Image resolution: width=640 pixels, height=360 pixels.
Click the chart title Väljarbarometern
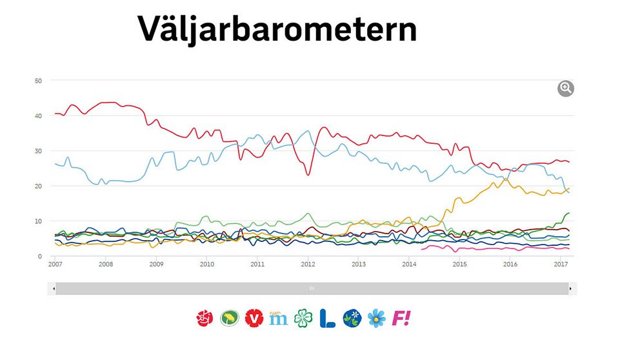click(277, 28)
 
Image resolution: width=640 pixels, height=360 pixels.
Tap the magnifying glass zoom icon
click(566, 88)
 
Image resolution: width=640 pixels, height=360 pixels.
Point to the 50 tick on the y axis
click(38, 81)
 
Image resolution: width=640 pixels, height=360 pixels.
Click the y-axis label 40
click(38, 116)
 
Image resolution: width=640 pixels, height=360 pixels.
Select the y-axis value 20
click(38, 186)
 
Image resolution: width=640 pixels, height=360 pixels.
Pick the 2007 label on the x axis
click(55, 265)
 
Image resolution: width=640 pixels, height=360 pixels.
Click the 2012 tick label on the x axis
click(308, 265)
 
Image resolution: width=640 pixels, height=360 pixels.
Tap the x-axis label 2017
click(560, 265)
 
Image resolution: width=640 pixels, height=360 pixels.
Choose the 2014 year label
click(408, 265)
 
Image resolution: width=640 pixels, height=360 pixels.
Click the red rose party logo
click(205, 317)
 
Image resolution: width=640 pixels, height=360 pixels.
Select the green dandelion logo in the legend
click(229, 317)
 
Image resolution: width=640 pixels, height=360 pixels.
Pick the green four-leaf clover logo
click(302, 317)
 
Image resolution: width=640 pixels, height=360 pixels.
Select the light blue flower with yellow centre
click(376, 317)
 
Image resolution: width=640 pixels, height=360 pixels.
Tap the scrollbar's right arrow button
click(570, 289)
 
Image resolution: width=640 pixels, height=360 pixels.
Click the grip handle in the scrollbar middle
click(312, 289)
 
